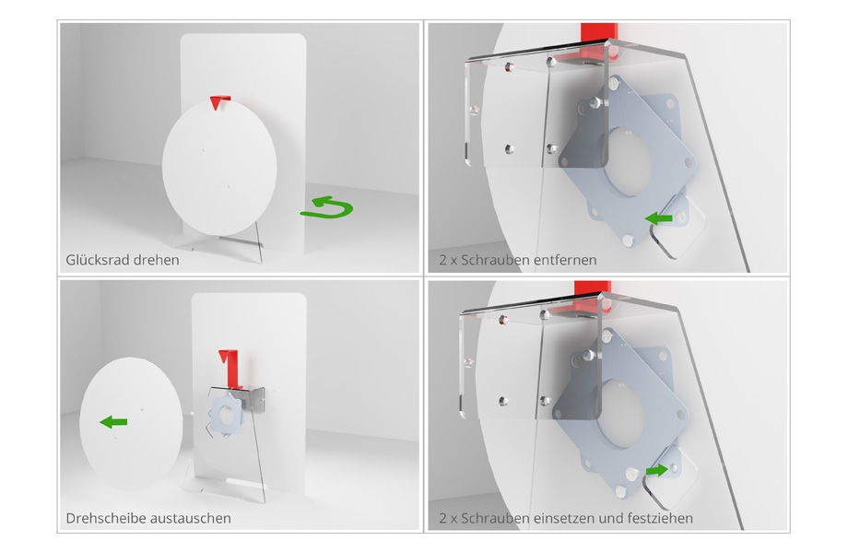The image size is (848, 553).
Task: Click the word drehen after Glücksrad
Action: [157, 260]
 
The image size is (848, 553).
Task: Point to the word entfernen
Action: [565, 260]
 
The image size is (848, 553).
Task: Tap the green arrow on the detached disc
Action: [113, 421]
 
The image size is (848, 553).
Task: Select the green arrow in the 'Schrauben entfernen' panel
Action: [659, 218]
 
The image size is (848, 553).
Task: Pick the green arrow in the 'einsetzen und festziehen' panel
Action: [656, 470]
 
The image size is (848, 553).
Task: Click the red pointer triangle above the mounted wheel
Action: [219, 102]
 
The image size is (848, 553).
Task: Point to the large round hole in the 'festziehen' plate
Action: [621, 415]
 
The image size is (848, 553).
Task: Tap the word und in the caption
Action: [611, 518]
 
